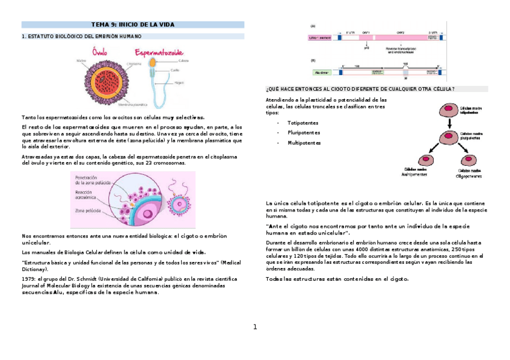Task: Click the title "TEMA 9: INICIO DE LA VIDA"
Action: [x=133, y=25]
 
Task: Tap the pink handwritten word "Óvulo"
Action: [x=103, y=53]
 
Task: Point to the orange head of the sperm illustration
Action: [x=154, y=62]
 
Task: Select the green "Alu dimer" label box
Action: [x=321, y=72]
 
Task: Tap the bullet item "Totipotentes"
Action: [x=304, y=122]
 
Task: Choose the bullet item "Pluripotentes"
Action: [x=304, y=132]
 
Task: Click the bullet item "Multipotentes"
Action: [x=304, y=143]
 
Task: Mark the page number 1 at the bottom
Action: [x=255, y=327]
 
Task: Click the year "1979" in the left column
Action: [x=28, y=279]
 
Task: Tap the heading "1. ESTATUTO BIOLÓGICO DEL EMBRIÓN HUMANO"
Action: [x=81, y=37]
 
